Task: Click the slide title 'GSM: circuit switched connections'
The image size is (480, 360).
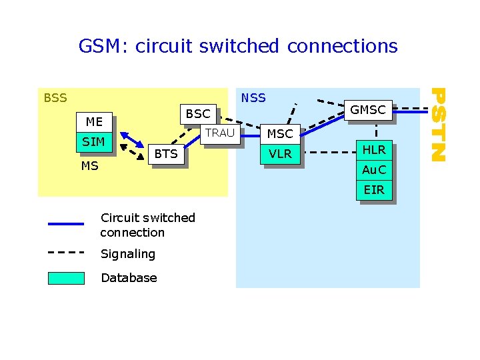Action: (237, 46)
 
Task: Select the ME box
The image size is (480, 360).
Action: (94, 122)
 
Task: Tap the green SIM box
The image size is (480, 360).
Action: (93, 142)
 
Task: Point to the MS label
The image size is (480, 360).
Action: (89, 165)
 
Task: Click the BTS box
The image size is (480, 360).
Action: (166, 154)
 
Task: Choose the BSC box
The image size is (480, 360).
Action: (197, 114)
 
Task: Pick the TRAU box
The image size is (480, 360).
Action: (219, 133)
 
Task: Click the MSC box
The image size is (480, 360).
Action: (279, 134)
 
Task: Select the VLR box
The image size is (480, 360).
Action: (279, 154)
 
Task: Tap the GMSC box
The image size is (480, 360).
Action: (368, 111)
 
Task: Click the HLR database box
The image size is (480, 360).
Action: (373, 150)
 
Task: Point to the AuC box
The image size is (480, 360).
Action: (373, 170)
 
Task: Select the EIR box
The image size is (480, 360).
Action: (373, 190)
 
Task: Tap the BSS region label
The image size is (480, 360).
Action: (55, 99)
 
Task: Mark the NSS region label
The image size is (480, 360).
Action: (253, 98)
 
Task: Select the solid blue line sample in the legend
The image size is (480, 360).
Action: (66, 224)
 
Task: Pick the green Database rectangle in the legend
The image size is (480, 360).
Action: (66, 278)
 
